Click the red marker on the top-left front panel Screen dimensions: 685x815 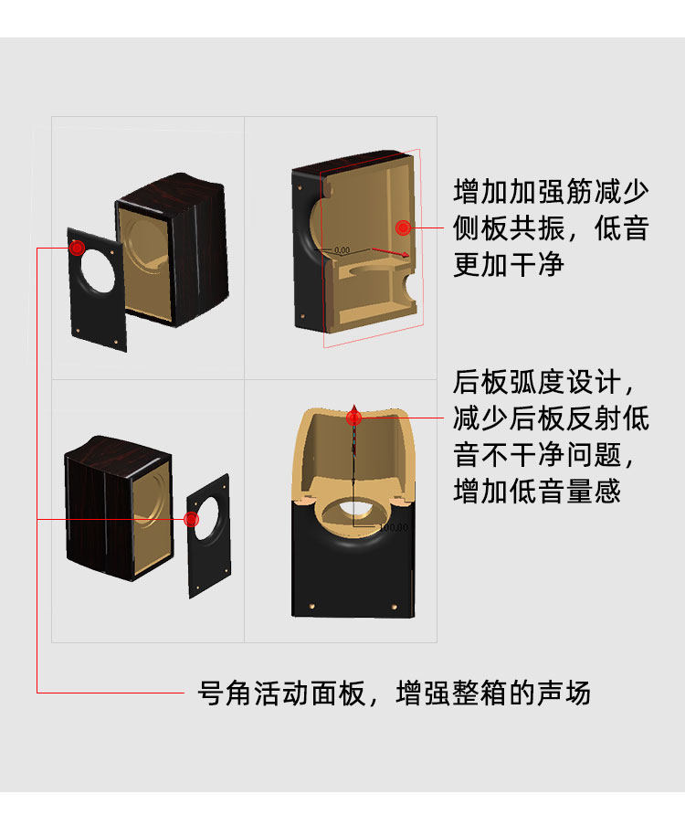(x=77, y=247)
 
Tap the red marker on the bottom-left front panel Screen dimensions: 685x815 (x=191, y=519)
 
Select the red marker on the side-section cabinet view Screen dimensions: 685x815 (x=403, y=228)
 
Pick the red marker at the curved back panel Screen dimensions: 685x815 (x=354, y=418)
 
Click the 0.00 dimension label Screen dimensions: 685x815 (x=342, y=249)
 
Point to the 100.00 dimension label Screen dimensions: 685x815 (x=394, y=527)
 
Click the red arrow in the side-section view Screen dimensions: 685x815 (x=389, y=254)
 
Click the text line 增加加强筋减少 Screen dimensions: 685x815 (x=551, y=193)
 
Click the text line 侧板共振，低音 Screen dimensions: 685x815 (x=551, y=228)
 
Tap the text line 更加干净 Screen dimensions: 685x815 (x=509, y=265)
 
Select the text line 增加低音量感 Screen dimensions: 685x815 (x=537, y=492)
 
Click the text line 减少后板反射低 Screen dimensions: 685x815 (x=551, y=418)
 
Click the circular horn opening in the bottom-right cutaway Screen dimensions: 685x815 (x=353, y=508)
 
